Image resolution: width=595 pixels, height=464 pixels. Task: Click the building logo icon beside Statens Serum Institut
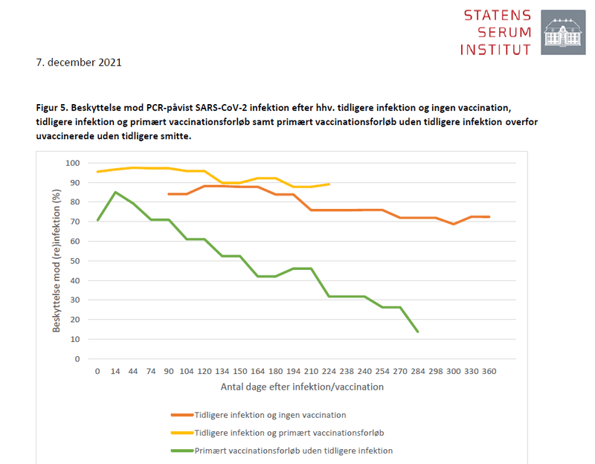point(562,32)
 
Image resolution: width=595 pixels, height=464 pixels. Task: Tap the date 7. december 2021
point(79,62)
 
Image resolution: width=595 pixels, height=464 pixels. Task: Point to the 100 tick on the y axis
point(72,163)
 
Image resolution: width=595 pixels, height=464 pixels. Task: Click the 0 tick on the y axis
point(77,358)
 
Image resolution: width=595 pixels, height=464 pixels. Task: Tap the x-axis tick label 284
point(418,370)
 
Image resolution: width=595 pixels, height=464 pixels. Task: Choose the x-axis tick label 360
point(489,370)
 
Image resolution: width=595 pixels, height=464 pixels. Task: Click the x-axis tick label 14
point(115,370)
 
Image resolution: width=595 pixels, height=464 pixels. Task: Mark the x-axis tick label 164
point(257,370)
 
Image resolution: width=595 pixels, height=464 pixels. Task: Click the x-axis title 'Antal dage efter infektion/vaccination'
point(302,387)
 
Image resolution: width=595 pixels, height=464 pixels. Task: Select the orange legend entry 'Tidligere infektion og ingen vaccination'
point(269,415)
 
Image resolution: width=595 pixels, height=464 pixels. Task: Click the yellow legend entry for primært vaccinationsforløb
point(279,433)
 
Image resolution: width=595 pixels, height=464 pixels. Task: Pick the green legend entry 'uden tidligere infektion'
point(293,451)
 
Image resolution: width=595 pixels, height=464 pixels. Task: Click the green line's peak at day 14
point(115,192)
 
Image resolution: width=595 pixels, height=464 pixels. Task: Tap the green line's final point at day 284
point(418,332)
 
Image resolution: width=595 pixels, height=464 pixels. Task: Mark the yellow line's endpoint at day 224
point(329,184)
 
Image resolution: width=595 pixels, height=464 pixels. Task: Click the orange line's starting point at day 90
point(169,194)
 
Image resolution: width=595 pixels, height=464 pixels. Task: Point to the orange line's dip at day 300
point(454,224)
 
